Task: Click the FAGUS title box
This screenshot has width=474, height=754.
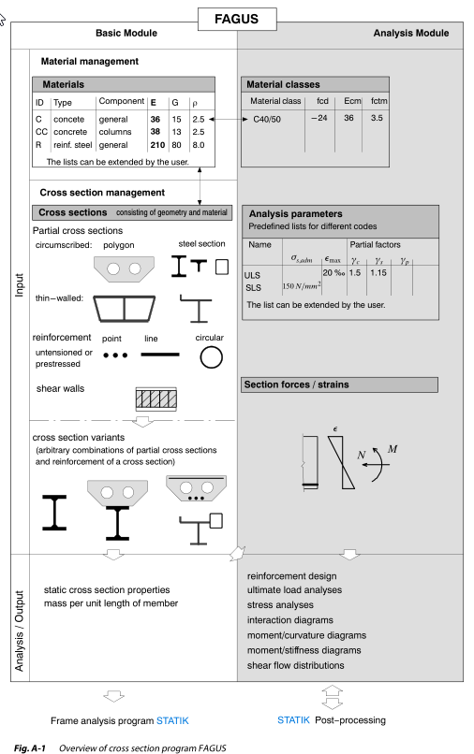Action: point(237,20)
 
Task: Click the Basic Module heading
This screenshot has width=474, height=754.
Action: point(126,33)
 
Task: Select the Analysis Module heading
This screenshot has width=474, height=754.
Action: point(411,33)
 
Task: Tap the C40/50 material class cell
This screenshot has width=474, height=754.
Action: point(267,119)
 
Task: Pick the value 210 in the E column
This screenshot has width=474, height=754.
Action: point(157,145)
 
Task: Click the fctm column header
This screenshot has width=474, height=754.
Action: point(378,101)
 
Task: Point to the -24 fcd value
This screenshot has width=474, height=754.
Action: point(318,118)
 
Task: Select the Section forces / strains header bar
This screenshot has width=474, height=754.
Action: point(340,384)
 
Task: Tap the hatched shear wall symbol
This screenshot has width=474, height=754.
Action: point(156,399)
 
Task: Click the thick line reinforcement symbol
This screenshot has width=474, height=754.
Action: point(160,355)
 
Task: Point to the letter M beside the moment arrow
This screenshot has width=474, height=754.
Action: point(393,449)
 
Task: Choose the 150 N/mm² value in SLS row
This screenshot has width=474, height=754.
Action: point(302,286)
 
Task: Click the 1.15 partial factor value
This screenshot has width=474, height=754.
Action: point(378,272)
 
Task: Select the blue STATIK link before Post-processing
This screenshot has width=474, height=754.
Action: point(293,720)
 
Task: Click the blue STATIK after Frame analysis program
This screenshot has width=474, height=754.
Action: point(172,721)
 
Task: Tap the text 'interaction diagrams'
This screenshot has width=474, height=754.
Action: point(290,620)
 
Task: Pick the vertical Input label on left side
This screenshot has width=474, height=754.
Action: point(20,284)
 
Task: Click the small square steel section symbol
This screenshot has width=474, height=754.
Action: point(222,267)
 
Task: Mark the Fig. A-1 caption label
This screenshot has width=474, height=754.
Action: point(29,748)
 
